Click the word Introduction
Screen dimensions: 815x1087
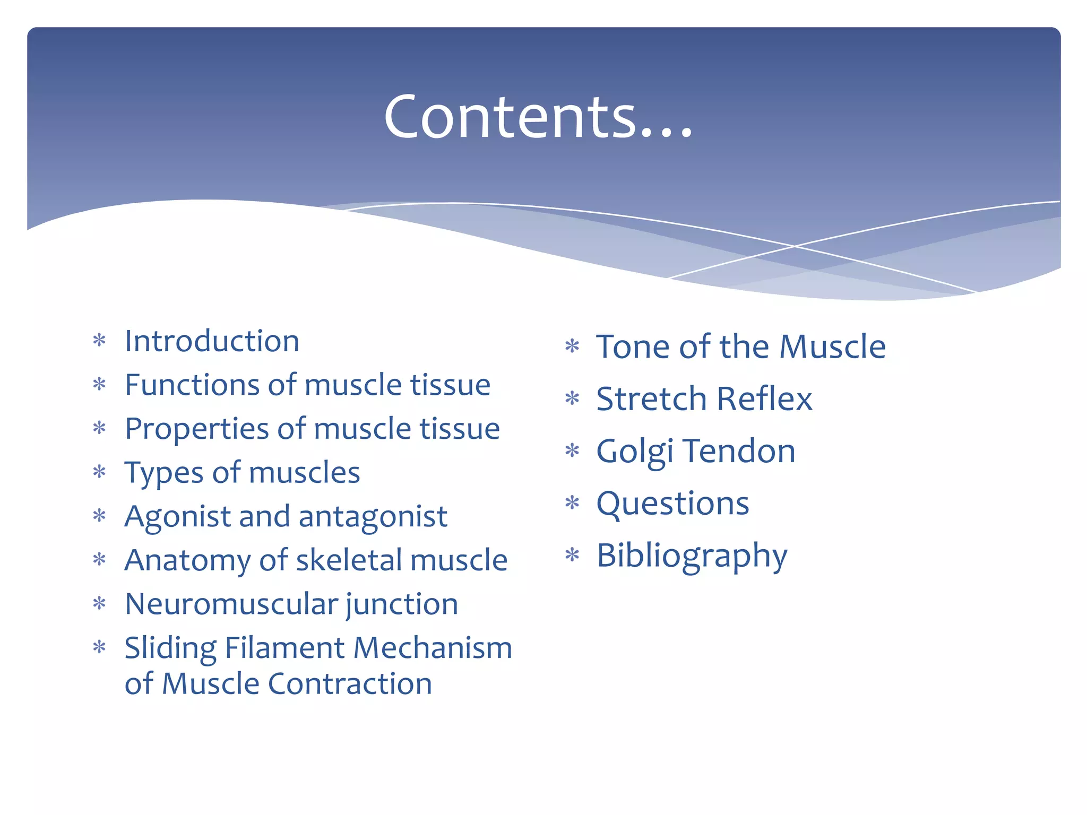pyautogui.click(x=212, y=341)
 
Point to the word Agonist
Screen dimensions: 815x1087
pyautogui.click(x=177, y=517)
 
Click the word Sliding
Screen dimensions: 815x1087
pyautogui.click(x=170, y=648)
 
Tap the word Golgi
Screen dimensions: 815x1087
pyautogui.click(x=635, y=452)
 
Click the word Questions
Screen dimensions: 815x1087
pyautogui.click(x=672, y=504)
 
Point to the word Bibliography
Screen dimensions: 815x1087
pyautogui.click(x=692, y=556)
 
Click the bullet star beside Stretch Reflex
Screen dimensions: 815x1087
pyautogui.click(x=572, y=398)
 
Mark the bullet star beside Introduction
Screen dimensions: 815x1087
pyautogui.click(x=99, y=340)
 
